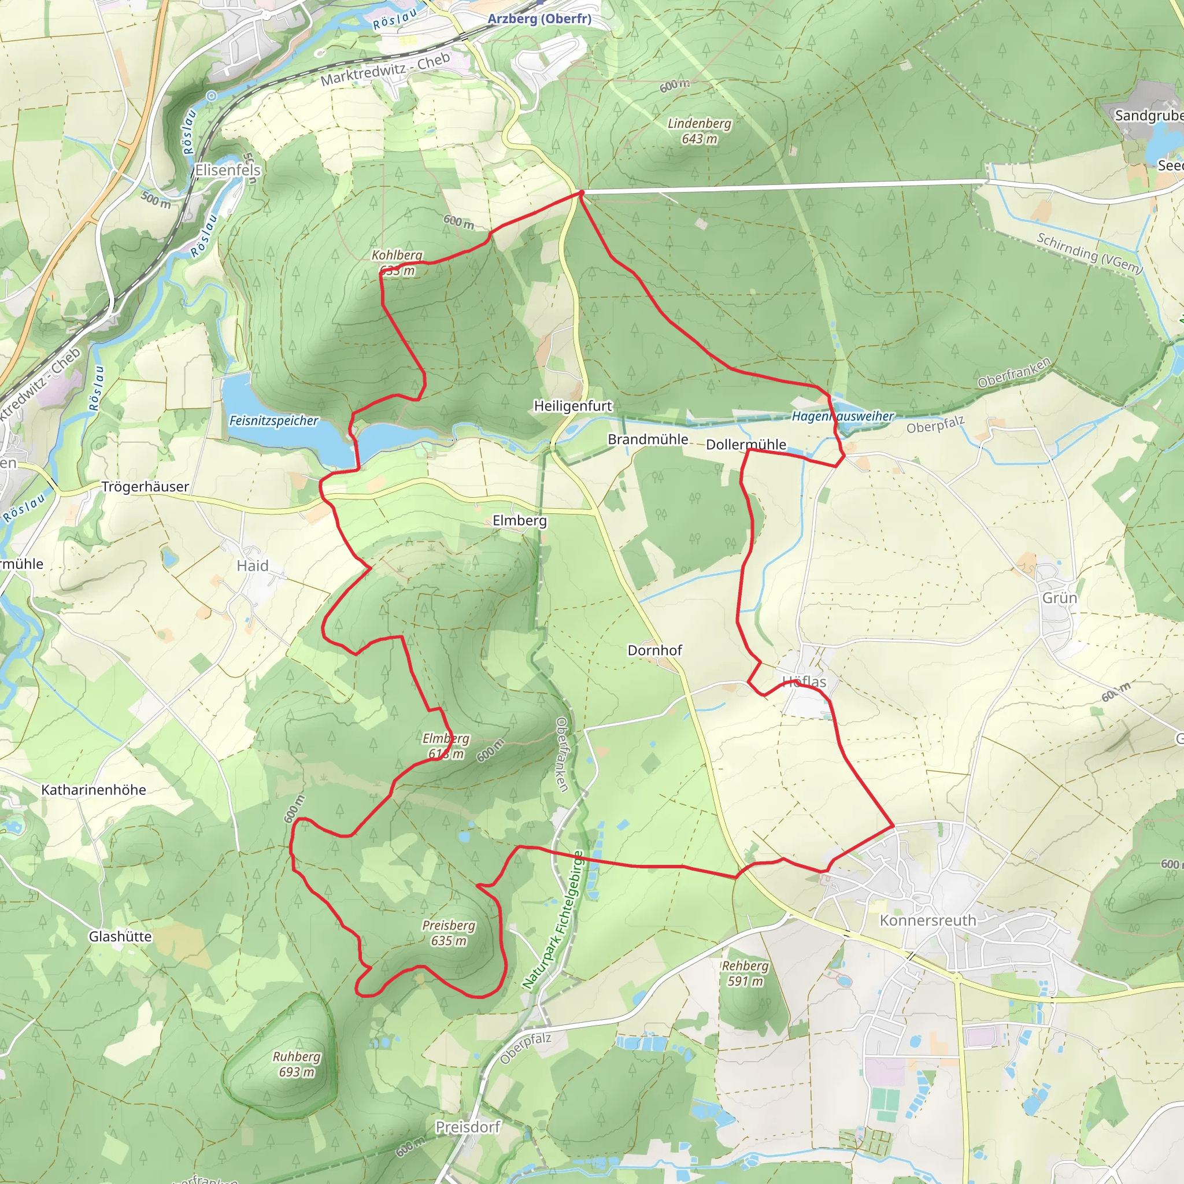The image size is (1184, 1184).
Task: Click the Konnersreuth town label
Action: pos(927,920)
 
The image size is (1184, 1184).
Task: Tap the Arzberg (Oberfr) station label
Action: pos(539,18)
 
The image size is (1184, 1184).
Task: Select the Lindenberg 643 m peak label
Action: pos(700,131)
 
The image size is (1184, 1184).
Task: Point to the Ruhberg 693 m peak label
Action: pos(297,1064)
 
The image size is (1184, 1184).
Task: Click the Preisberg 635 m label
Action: pos(449,933)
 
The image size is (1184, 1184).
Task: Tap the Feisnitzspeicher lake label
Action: pos(273,420)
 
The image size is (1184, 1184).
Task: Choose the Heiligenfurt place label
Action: pos(572,406)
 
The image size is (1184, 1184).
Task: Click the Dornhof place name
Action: pos(654,650)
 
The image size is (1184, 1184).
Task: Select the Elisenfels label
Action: pos(227,171)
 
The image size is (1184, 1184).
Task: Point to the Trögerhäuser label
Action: pos(145,487)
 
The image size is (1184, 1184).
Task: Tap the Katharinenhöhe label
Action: pos(94,790)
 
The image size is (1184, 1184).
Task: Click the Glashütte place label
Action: pos(120,937)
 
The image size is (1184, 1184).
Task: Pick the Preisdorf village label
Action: pos(468,1127)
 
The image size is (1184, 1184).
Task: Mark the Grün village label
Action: pos(1060,598)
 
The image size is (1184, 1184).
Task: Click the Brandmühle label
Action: pos(647,439)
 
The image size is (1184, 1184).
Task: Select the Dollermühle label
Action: pos(746,445)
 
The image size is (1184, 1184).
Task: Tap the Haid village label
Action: pos(253,565)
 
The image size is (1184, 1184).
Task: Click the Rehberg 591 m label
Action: pos(745,973)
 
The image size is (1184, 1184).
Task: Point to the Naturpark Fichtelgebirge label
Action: pos(553,919)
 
